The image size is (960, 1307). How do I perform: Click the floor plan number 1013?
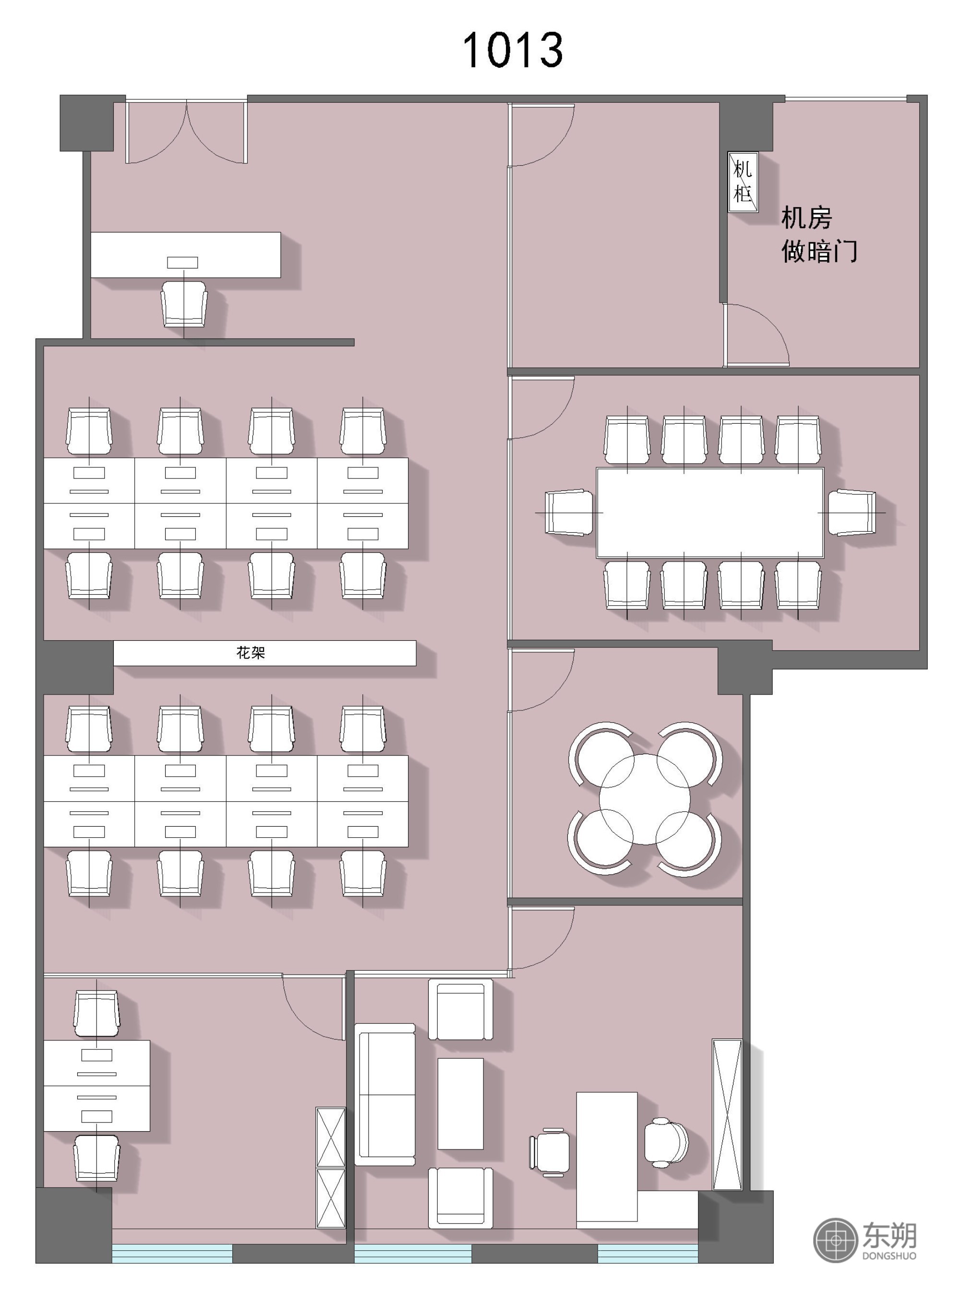click(513, 50)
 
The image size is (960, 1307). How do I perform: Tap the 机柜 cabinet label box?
click(743, 182)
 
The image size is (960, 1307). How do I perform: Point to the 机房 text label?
click(806, 218)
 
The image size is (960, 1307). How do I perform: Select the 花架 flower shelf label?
click(251, 653)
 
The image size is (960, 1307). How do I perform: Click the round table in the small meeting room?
click(645, 799)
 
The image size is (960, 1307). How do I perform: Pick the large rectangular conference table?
click(710, 513)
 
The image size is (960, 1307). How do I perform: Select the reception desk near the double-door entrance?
click(185, 255)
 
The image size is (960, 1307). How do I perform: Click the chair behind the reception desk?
click(184, 304)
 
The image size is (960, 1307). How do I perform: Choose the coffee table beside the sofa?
click(460, 1103)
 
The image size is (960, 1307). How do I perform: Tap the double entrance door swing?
click(187, 133)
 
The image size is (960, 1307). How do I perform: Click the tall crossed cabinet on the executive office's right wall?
click(728, 1114)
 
